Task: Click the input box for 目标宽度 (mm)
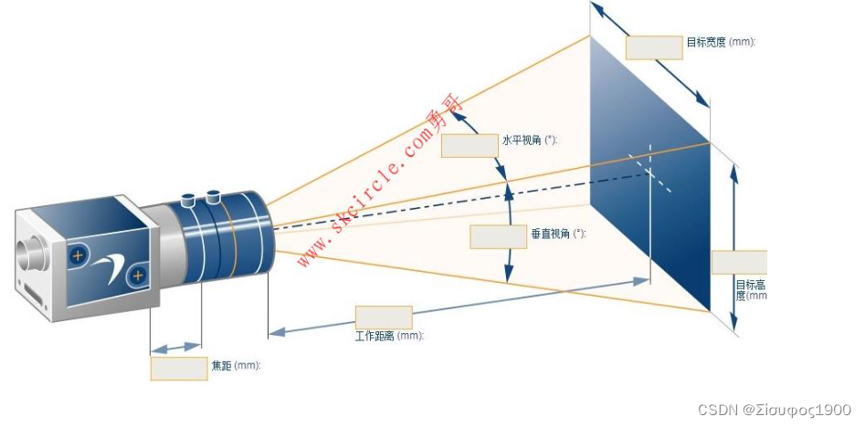pyautogui.click(x=654, y=47)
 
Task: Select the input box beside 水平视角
pyautogui.click(x=468, y=146)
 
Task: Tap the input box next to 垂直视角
pyautogui.click(x=498, y=236)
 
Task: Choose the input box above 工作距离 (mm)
pyautogui.click(x=383, y=318)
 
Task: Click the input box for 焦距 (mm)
pyautogui.click(x=179, y=368)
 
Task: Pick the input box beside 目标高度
pyautogui.click(x=739, y=262)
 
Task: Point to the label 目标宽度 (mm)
pyautogui.click(x=721, y=42)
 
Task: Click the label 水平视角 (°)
pyautogui.click(x=529, y=141)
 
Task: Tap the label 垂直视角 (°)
pyautogui.click(x=557, y=234)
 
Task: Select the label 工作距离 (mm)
pyautogui.click(x=389, y=336)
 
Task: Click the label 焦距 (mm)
pyautogui.click(x=237, y=366)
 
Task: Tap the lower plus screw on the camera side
pyautogui.click(x=138, y=275)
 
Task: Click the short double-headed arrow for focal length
pyautogui.click(x=175, y=348)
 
